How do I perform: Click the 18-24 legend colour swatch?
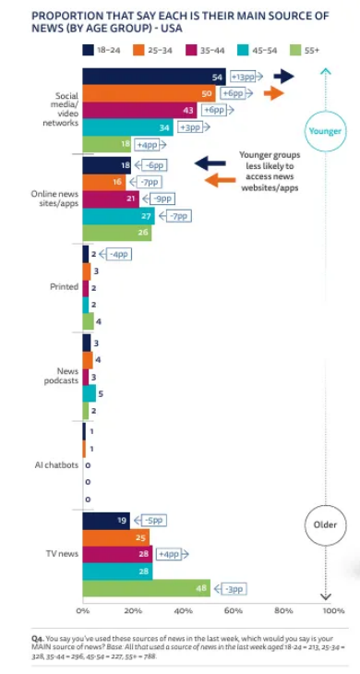88,50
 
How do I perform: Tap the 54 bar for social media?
154,77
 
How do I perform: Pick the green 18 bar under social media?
106,144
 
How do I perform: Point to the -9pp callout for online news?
159,199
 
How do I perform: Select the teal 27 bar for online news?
118,216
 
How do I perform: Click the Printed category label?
64,287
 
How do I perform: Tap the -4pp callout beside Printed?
115,255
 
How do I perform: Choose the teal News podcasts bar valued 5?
89,393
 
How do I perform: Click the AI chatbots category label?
56,464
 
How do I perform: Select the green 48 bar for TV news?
147,588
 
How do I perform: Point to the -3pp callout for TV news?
231,588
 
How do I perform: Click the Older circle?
326,524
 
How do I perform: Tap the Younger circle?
326,131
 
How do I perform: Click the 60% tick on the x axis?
234,611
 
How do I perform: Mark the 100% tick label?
333,611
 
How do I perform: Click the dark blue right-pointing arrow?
284,77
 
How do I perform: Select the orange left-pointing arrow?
221,180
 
